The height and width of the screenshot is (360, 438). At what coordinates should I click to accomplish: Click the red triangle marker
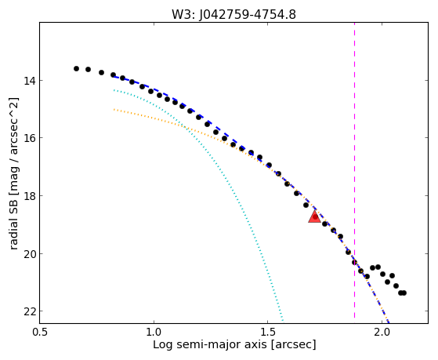click(x=314, y=217)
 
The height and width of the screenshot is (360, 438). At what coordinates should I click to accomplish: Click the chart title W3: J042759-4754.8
click(x=233, y=14)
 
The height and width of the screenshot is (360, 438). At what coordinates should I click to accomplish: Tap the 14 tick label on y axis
click(x=29, y=81)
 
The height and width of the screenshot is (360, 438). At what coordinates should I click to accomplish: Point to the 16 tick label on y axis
click(x=29, y=138)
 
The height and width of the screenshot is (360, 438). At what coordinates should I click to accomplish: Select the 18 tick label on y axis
click(x=29, y=196)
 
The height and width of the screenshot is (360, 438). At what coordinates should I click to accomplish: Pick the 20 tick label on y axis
click(x=29, y=253)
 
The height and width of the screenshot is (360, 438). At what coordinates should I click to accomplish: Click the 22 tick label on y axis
click(x=29, y=311)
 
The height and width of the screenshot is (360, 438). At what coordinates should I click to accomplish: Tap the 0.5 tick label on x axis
click(x=40, y=332)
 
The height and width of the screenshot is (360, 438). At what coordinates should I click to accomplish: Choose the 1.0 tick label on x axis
click(x=154, y=332)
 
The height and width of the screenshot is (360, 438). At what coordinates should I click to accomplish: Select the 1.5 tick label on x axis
click(x=268, y=332)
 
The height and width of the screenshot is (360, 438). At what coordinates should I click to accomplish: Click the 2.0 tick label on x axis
click(x=382, y=332)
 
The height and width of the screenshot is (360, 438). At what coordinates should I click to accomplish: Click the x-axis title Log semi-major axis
click(x=210, y=345)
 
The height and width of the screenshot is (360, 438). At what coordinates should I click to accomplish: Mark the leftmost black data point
click(x=76, y=68)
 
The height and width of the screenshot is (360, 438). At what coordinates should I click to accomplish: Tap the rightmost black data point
click(x=404, y=293)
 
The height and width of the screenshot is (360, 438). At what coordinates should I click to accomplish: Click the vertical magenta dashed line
click(x=354, y=170)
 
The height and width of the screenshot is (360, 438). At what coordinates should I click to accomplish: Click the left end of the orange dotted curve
click(x=114, y=110)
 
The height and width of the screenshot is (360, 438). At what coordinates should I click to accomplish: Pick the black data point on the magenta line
click(x=354, y=263)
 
